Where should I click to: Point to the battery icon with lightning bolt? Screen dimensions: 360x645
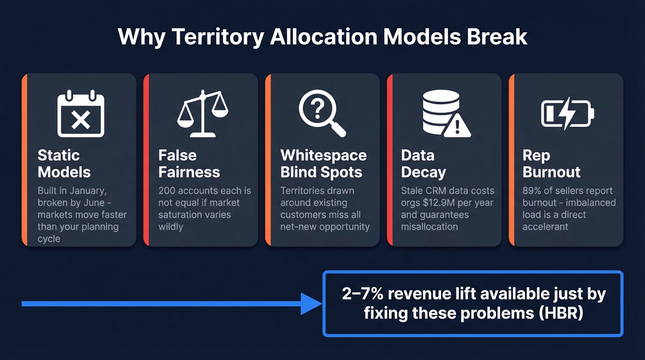tap(567, 113)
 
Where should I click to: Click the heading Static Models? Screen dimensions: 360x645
tap(64, 164)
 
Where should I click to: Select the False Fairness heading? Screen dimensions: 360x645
tap(189, 164)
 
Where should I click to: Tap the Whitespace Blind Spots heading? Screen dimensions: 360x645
tap(323, 164)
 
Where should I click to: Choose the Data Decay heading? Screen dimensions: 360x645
tap(423, 164)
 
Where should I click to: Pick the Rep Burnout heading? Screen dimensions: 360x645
tap(551, 164)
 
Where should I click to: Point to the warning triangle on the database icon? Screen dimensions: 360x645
tap(457, 124)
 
